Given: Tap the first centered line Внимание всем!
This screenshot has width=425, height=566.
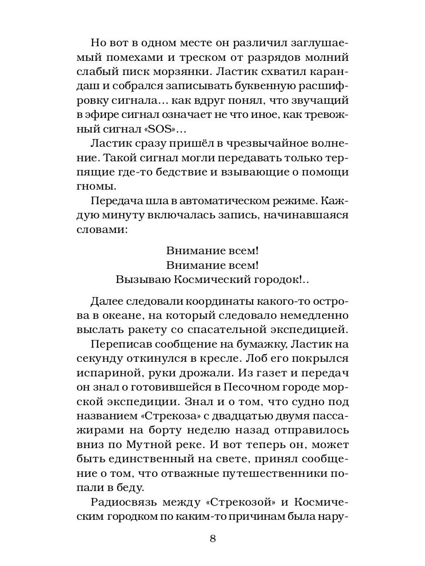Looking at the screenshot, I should pos(212,249).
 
